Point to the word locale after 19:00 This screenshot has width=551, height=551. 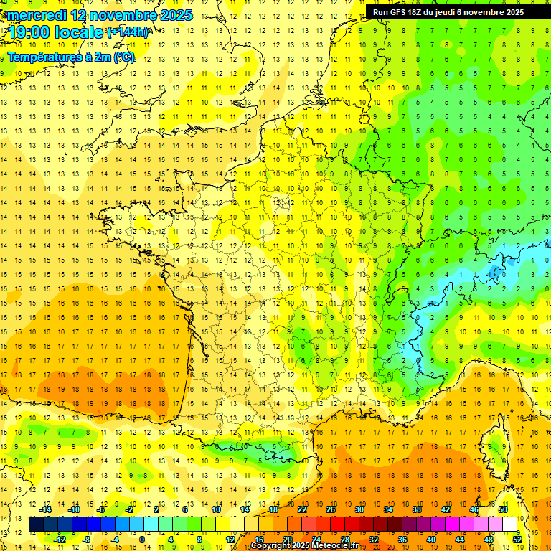[83, 32]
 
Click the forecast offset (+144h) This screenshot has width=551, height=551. [128, 32]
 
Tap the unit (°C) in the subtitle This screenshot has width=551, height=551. [123, 57]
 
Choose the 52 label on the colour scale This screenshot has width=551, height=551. [517, 540]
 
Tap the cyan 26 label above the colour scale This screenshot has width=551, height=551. [331, 509]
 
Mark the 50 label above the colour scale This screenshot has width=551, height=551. [503, 509]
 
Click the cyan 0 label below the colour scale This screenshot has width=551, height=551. [141, 540]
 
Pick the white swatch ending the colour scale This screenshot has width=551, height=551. [510, 524]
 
